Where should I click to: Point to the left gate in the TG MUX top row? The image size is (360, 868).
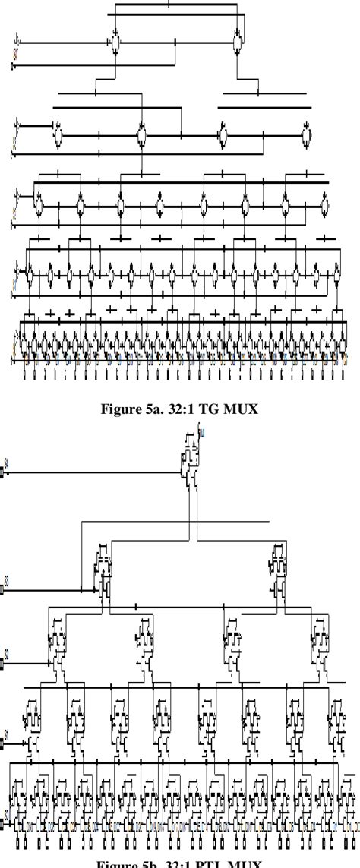click(x=115, y=43)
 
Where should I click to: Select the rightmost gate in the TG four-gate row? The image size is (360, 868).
click(x=305, y=137)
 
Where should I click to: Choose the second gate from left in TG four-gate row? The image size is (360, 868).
click(x=141, y=137)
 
